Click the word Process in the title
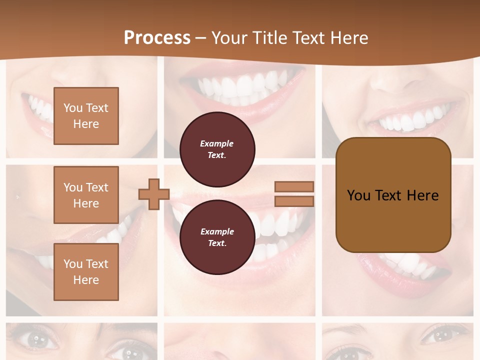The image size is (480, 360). (x=157, y=38)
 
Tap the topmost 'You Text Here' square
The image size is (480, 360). (x=86, y=116)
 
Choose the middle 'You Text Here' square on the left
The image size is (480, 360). (x=86, y=195)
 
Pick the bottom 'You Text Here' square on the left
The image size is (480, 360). (x=86, y=271)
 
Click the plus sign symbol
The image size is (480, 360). (x=154, y=194)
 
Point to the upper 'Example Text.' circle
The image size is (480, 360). (x=217, y=149)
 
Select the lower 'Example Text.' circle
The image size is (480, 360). (x=217, y=237)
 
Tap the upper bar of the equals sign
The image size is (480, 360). (x=294, y=186)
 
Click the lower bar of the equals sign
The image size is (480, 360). (x=294, y=201)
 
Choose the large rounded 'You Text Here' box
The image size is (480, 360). (x=393, y=195)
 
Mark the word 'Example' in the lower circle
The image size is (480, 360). (x=217, y=231)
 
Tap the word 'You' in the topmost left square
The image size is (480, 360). (x=72, y=108)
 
